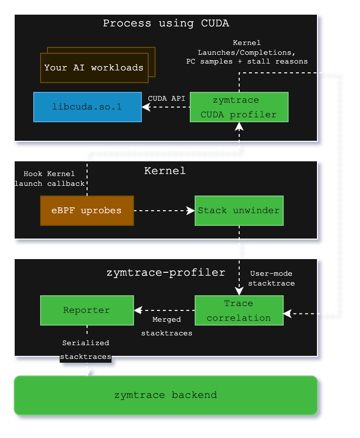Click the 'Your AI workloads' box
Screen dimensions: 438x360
coord(94,67)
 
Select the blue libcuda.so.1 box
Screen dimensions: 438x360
coord(87,107)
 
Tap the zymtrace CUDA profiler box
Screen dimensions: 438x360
coord(239,107)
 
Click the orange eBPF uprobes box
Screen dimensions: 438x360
coord(87,211)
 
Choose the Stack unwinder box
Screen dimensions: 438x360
coord(239,211)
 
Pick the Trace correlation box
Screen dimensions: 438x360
coord(239,310)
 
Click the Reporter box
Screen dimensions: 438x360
coord(87,310)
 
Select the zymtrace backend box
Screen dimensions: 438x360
coord(165,395)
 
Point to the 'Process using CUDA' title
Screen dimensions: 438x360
coord(166,23)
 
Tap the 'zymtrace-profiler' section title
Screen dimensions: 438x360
coord(166,272)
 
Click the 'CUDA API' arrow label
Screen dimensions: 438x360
coord(166,98)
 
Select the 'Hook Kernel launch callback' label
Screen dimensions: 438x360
coord(49,178)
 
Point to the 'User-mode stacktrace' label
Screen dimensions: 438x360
coord(272,278)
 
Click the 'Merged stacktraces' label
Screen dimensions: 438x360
coord(166,326)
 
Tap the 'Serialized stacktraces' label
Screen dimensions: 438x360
coord(86,350)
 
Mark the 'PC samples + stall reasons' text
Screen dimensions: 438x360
coord(247,62)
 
